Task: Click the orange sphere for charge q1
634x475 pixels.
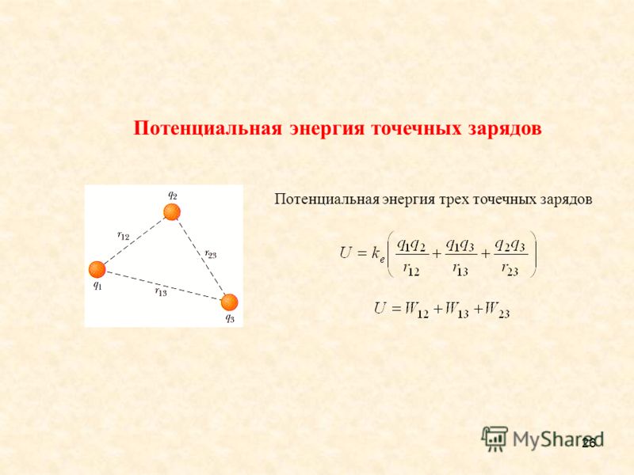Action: (97, 269)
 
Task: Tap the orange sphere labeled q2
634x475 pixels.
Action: (171, 212)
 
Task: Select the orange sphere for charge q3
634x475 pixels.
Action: (229, 302)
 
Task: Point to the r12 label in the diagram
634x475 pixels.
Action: (124, 235)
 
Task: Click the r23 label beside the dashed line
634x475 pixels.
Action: (211, 254)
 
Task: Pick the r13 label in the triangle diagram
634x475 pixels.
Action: (161, 291)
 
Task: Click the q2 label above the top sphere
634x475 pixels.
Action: (173, 195)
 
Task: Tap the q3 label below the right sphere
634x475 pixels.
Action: (230, 318)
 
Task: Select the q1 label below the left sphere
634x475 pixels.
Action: (97, 286)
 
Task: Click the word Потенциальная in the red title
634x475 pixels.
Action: (208, 128)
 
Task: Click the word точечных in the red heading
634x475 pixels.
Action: (416, 128)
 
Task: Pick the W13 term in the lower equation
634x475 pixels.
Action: (456, 310)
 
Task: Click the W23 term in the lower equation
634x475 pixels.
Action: (497, 310)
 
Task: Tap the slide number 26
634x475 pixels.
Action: (589, 443)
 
